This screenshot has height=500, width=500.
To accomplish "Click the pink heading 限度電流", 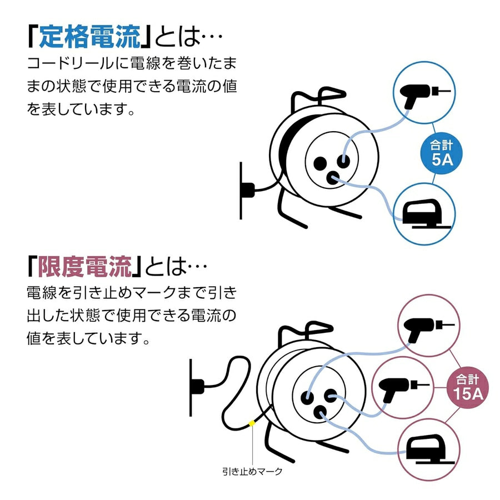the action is (x=85, y=267).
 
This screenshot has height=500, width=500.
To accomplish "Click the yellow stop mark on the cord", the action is (x=252, y=423).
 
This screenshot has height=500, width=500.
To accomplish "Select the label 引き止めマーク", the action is (x=252, y=471).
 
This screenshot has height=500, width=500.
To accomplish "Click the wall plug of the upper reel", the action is (x=248, y=190).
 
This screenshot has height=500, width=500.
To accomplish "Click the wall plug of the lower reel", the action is (x=197, y=386).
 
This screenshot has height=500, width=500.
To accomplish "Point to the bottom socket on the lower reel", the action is (x=320, y=413).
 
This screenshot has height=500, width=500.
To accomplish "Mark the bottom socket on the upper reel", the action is (x=333, y=178).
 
